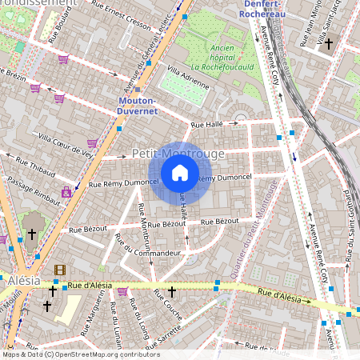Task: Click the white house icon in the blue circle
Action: pos(180,172)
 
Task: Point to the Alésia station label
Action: pos(23,282)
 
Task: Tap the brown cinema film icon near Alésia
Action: pos(60,270)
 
